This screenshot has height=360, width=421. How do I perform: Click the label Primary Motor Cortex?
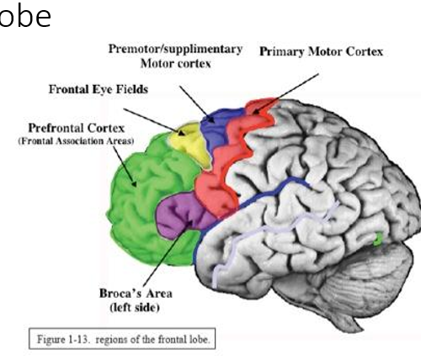point(321,52)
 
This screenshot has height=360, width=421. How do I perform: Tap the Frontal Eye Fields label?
point(99,89)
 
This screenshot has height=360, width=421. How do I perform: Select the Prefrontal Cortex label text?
point(77,128)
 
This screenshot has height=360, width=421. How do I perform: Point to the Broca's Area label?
point(136,294)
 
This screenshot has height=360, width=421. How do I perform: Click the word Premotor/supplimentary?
point(175,50)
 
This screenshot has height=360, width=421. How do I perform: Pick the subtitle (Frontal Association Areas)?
point(76,140)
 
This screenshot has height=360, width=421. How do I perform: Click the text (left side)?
point(135,308)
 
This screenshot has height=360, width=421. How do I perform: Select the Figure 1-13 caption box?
point(122,339)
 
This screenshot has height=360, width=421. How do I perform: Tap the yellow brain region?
point(191,145)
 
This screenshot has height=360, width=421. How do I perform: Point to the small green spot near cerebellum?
point(378,239)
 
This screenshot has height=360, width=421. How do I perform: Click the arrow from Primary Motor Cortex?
point(285,93)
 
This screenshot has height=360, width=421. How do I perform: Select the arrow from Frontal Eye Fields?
point(154,122)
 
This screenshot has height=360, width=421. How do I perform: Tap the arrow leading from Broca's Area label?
point(168,252)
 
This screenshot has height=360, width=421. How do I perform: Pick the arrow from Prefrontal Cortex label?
point(125,167)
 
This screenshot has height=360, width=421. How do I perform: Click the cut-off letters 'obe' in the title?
point(25,16)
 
